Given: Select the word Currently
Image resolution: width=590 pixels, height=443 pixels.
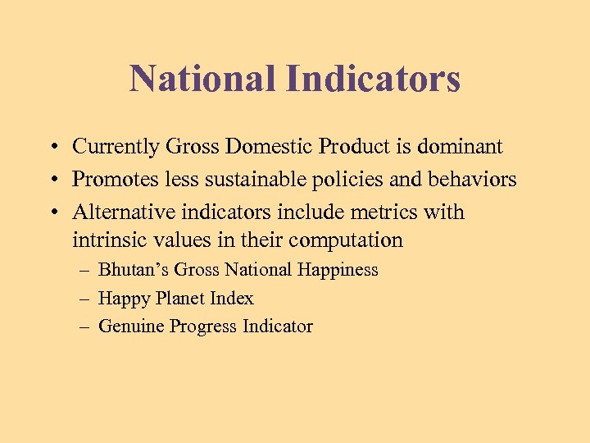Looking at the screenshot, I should pos(116,147).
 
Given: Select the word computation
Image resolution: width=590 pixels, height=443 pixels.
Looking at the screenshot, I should pos(350,240).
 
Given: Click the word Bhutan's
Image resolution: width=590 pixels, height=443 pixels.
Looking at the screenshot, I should pos(134,270).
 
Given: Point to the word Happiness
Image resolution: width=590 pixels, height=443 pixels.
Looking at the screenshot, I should pos(338,270).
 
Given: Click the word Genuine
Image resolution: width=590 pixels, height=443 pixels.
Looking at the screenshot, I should pos(131,327).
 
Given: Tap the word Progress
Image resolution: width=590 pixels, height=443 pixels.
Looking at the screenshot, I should pos(203,327).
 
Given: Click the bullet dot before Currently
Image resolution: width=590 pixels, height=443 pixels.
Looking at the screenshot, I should pos(52,148).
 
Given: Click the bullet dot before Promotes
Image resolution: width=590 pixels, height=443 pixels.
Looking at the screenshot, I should pos(52,180).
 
